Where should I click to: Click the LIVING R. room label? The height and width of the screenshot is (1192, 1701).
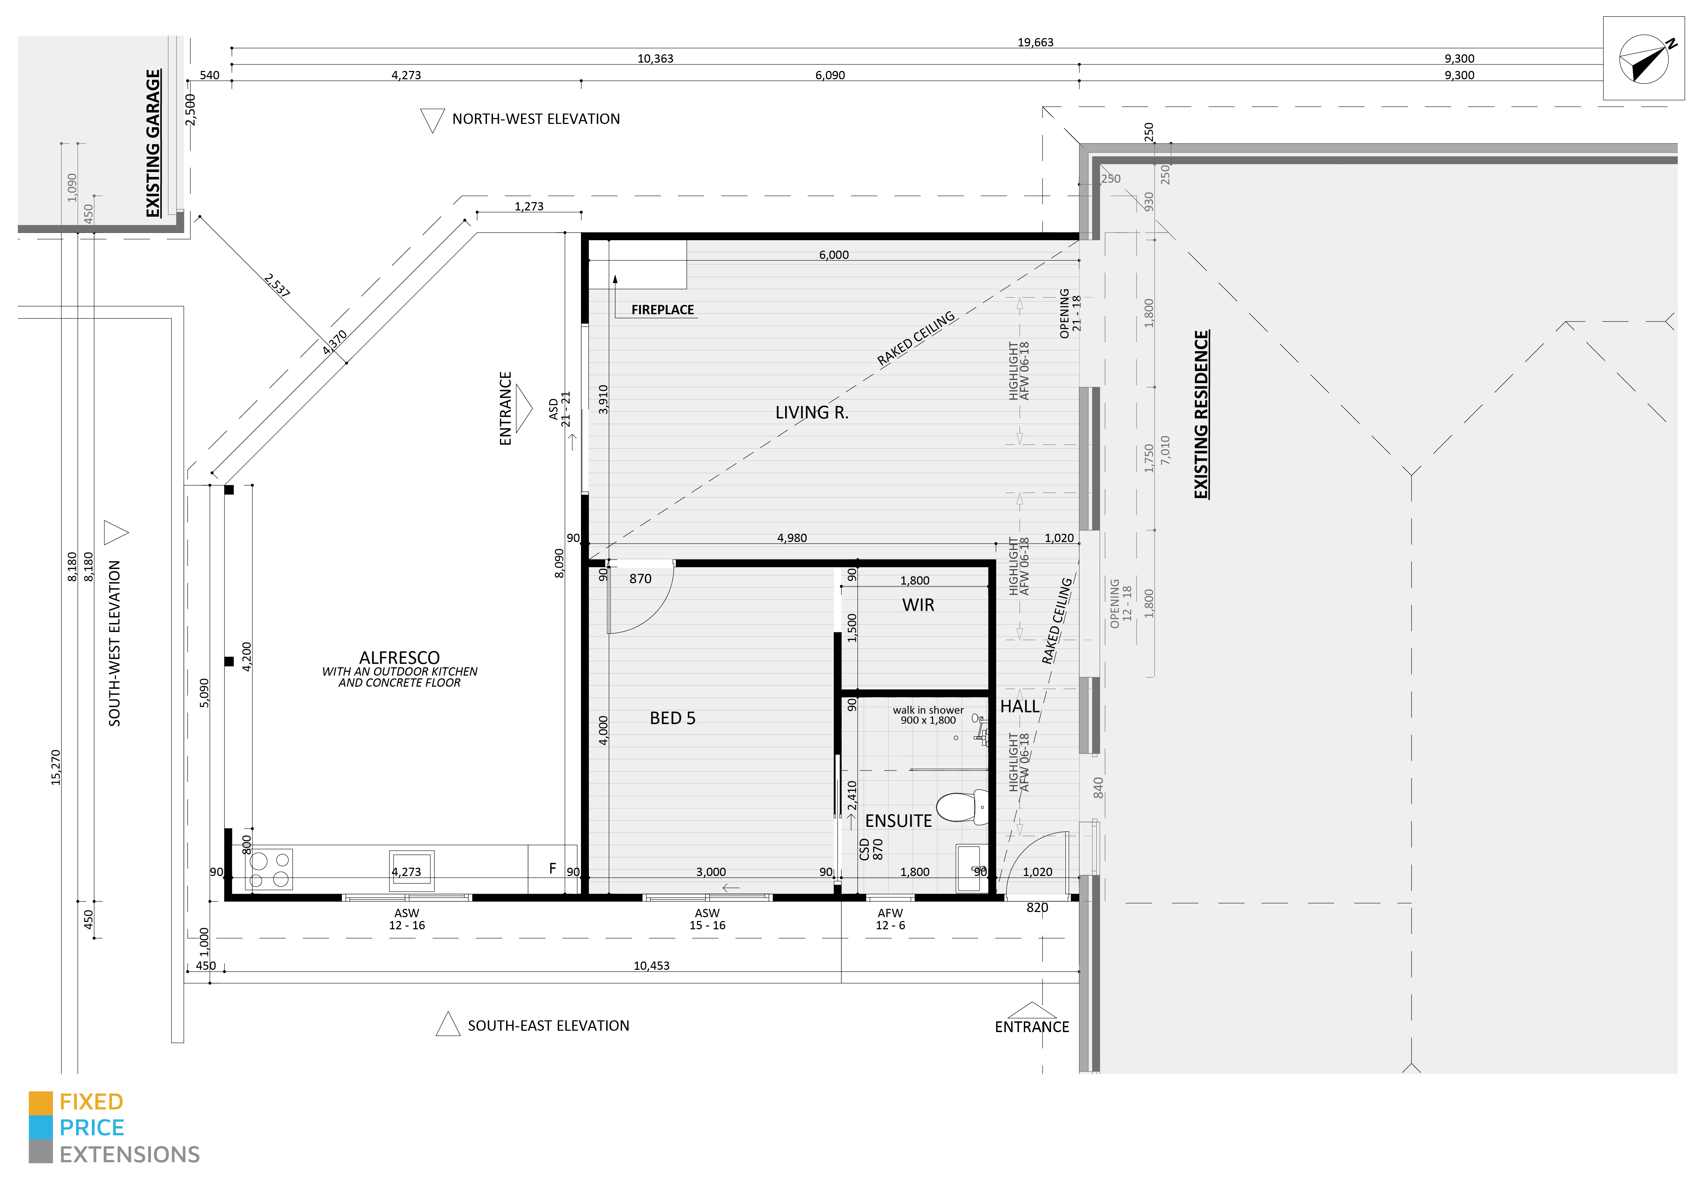pos(812,413)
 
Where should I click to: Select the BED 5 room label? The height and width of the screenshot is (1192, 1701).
pos(673,718)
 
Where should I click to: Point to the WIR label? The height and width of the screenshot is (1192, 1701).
pos(918,605)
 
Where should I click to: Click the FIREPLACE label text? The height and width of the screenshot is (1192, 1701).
pos(662,310)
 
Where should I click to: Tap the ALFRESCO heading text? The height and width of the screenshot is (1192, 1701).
pos(399,658)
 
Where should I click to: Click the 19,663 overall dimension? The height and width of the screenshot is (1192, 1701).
pos(1035,42)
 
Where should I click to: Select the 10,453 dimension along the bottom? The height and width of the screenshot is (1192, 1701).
pos(651,965)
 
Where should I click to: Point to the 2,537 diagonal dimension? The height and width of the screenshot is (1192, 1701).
pos(276,285)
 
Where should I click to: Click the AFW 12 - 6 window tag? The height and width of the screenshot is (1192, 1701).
pos(890,919)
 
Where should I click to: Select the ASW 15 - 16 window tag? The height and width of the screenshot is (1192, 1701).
pos(708,919)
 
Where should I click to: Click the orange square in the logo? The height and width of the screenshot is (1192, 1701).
pos(41,1102)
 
